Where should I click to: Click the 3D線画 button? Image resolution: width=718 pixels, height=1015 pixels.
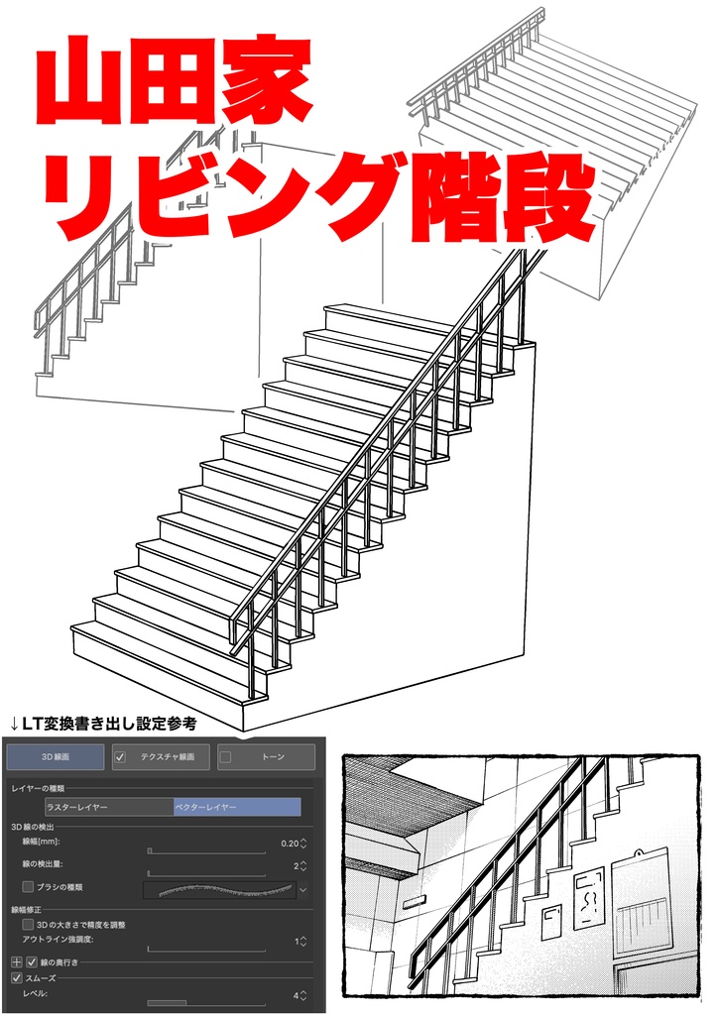[x=55, y=757]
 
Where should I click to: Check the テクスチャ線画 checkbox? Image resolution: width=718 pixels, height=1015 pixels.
[x=121, y=757]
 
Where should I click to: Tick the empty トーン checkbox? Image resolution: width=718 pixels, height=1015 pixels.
[x=226, y=757]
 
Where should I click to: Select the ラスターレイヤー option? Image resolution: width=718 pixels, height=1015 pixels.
[x=108, y=807]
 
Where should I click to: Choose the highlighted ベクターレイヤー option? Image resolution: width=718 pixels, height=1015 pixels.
[x=236, y=807]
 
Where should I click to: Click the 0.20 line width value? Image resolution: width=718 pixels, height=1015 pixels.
[x=289, y=844]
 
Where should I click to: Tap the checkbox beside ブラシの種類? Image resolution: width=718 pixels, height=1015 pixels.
[x=28, y=886]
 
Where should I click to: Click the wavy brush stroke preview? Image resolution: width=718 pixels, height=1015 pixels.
[x=219, y=889]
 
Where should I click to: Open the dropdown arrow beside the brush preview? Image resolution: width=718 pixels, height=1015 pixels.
[x=303, y=890]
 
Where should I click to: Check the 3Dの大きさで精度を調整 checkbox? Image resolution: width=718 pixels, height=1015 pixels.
[x=28, y=924]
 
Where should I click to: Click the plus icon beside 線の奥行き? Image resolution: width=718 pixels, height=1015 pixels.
[x=16, y=961]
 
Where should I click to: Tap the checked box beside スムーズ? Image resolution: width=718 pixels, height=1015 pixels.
[x=16, y=977]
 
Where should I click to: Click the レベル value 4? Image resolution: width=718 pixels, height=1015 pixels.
[x=296, y=994]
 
